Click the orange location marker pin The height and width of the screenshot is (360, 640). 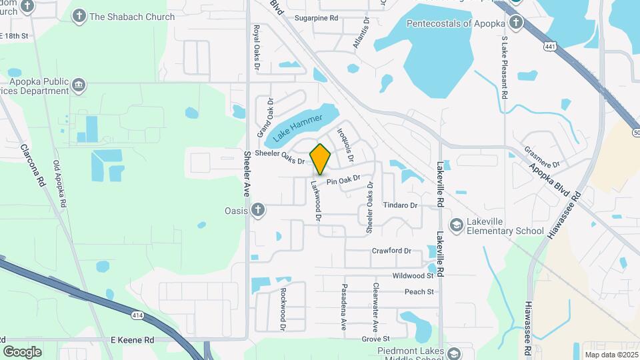pyautogui.click(x=321, y=159)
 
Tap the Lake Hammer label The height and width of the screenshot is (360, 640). pyautogui.click(x=297, y=127)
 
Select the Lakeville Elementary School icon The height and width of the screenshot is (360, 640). pyautogui.click(x=457, y=225)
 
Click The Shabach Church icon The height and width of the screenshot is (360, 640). pyautogui.click(x=79, y=16)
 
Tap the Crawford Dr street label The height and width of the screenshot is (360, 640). pyautogui.click(x=391, y=251)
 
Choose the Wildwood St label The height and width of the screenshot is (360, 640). pyautogui.click(x=413, y=275)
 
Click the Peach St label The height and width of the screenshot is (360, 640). pyautogui.click(x=419, y=291)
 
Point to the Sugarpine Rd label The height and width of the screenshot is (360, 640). pyautogui.click(x=317, y=18)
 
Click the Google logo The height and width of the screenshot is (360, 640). pyautogui.click(x=22, y=351)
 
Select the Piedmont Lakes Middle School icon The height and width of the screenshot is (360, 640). pyautogui.click(x=455, y=353)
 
